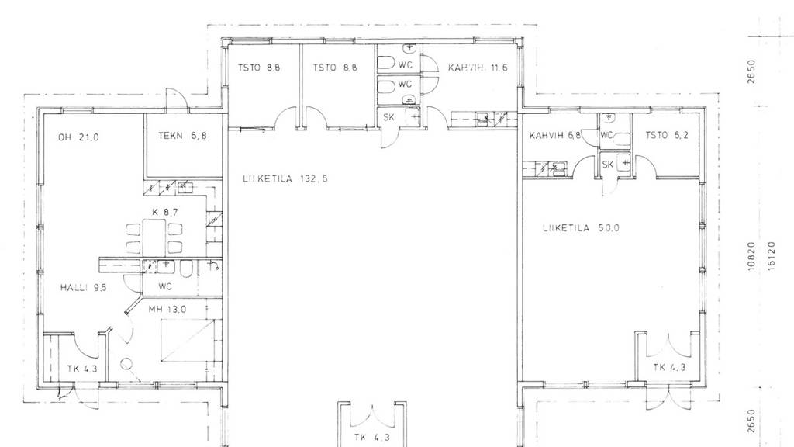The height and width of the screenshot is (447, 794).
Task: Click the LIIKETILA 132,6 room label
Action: click(x=285, y=178)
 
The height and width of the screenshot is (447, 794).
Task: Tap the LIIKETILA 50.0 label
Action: click(x=581, y=228)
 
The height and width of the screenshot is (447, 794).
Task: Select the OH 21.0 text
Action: click(x=78, y=137)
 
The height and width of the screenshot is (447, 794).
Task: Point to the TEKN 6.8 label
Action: click(x=182, y=136)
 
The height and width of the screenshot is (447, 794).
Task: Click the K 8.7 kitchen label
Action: click(x=165, y=212)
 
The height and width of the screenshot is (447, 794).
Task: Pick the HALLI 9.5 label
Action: click(x=84, y=288)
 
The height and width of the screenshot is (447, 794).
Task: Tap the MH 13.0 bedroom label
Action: click(x=167, y=309)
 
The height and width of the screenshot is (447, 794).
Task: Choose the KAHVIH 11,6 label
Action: click(x=478, y=68)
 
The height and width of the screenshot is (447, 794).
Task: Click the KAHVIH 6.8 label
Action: click(x=555, y=135)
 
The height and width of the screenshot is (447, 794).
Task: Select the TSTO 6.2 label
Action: click(x=666, y=135)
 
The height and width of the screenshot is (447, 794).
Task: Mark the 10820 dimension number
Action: click(x=751, y=256)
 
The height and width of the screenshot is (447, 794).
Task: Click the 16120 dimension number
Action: click(x=772, y=256)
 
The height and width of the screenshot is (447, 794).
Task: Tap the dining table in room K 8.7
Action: click(x=154, y=237)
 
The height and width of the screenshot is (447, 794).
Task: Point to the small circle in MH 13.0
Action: click(x=126, y=363)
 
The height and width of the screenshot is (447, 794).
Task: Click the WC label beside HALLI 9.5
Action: click(x=165, y=287)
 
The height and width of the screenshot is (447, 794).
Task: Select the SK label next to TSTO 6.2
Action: click(x=608, y=165)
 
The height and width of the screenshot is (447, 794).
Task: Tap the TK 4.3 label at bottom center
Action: click(x=372, y=438)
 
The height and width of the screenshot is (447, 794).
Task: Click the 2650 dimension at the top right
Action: click(x=751, y=71)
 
